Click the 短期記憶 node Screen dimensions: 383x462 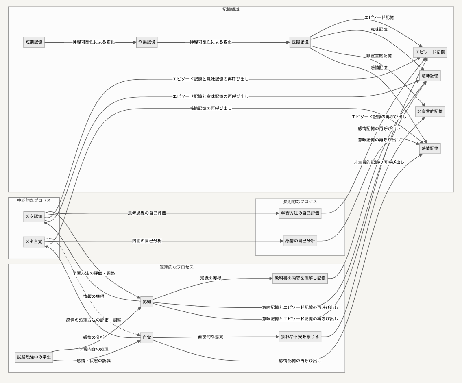[x=34, y=42]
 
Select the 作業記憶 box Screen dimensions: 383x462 [x=147, y=42]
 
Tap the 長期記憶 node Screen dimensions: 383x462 [x=300, y=42]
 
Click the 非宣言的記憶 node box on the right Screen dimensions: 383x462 [x=430, y=111]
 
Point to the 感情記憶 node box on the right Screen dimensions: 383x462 [x=430, y=149]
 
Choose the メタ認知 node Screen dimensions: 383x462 [x=34, y=216]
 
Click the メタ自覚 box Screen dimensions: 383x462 [x=34, y=242]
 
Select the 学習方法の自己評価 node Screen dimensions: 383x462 [x=300, y=213]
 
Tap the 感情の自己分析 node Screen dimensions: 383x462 [x=300, y=241]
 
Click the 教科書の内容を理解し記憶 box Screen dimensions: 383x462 [x=300, y=278]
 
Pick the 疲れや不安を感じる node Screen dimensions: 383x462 [x=300, y=337]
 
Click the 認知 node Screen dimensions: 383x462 [x=147, y=302]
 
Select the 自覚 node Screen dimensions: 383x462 [x=147, y=337]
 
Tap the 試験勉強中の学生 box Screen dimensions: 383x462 [x=34, y=357]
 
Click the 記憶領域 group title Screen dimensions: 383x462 [x=231, y=9]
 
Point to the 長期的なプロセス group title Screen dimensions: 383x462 [x=300, y=202]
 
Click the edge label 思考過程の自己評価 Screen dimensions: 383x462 [x=147, y=213]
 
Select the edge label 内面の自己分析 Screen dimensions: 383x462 [x=147, y=241]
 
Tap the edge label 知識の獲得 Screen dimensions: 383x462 [x=210, y=278]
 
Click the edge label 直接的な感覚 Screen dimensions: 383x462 [x=210, y=337]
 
